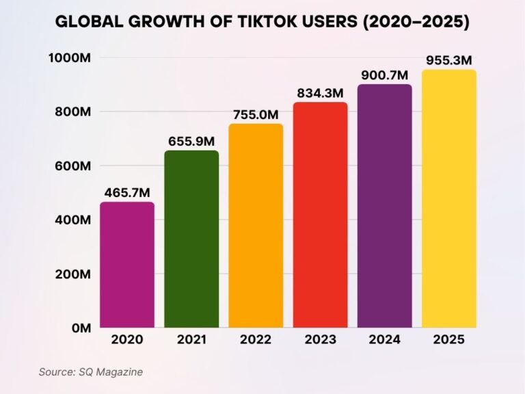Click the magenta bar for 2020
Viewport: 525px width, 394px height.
(x=127, y=265)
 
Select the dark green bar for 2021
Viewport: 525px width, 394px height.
(x=191, y=239)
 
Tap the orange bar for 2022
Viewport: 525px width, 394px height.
(x=256, y=225)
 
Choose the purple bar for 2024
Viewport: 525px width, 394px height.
(x=384, y=205)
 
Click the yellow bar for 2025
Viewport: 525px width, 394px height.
(x=448, y=198)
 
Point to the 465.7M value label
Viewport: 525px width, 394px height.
(x=127, y=193)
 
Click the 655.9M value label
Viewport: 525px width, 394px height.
(x=191, y=142)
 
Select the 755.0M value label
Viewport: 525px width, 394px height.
(x=256, y=114)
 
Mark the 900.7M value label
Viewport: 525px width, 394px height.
(x=384, y=75)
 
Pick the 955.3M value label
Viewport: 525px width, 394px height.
(x=448, y=60)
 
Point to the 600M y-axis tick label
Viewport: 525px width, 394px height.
(x=72, y=166)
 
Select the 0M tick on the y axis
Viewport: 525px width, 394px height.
(x=81, y=328)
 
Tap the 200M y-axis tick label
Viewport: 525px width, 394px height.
(x=72, y=274)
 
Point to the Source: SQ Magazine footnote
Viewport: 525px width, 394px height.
(x=90, y=371)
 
